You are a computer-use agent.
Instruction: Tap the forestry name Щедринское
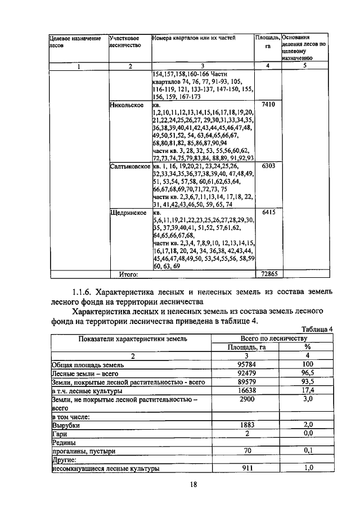128,213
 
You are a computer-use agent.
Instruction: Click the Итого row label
128,274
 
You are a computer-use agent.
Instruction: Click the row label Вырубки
65,426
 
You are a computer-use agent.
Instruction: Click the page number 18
193,485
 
